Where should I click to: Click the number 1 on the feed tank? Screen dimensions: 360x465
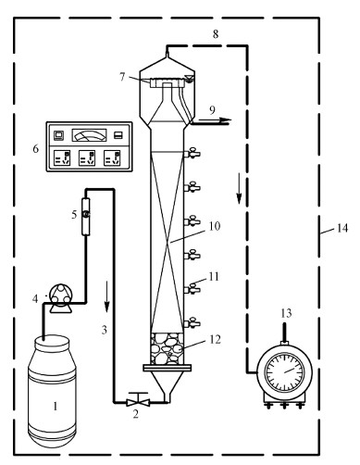click(x=56, y=406)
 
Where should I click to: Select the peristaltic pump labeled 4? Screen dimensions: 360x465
click(x=60, y=298)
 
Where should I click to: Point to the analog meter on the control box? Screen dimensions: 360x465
click(x=89, y=135)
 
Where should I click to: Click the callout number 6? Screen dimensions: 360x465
click(x=36, y=149)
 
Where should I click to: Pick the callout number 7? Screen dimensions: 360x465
click(x=122, y=77)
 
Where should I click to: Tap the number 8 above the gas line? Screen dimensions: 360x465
click(x=216, y=34)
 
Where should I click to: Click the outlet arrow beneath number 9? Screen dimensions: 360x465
click(x=215, y=119)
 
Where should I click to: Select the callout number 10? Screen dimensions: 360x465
click(x=215, y=226)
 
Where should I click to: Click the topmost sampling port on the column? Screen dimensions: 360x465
click(x=192, y=153)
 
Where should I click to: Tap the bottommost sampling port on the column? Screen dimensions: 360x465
click(x=192, y=323)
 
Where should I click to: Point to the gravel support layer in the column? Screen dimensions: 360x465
click(x=167, y=348)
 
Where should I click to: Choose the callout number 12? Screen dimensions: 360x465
click(x=216, y=339)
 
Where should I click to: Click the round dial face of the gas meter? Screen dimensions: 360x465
click(x=284, y=372)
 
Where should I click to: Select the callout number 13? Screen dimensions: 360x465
click(x=286, y=313)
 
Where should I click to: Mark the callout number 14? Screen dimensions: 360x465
click(x=341, y=228)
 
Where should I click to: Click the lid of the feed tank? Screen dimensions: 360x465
click(x=52, y=342)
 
